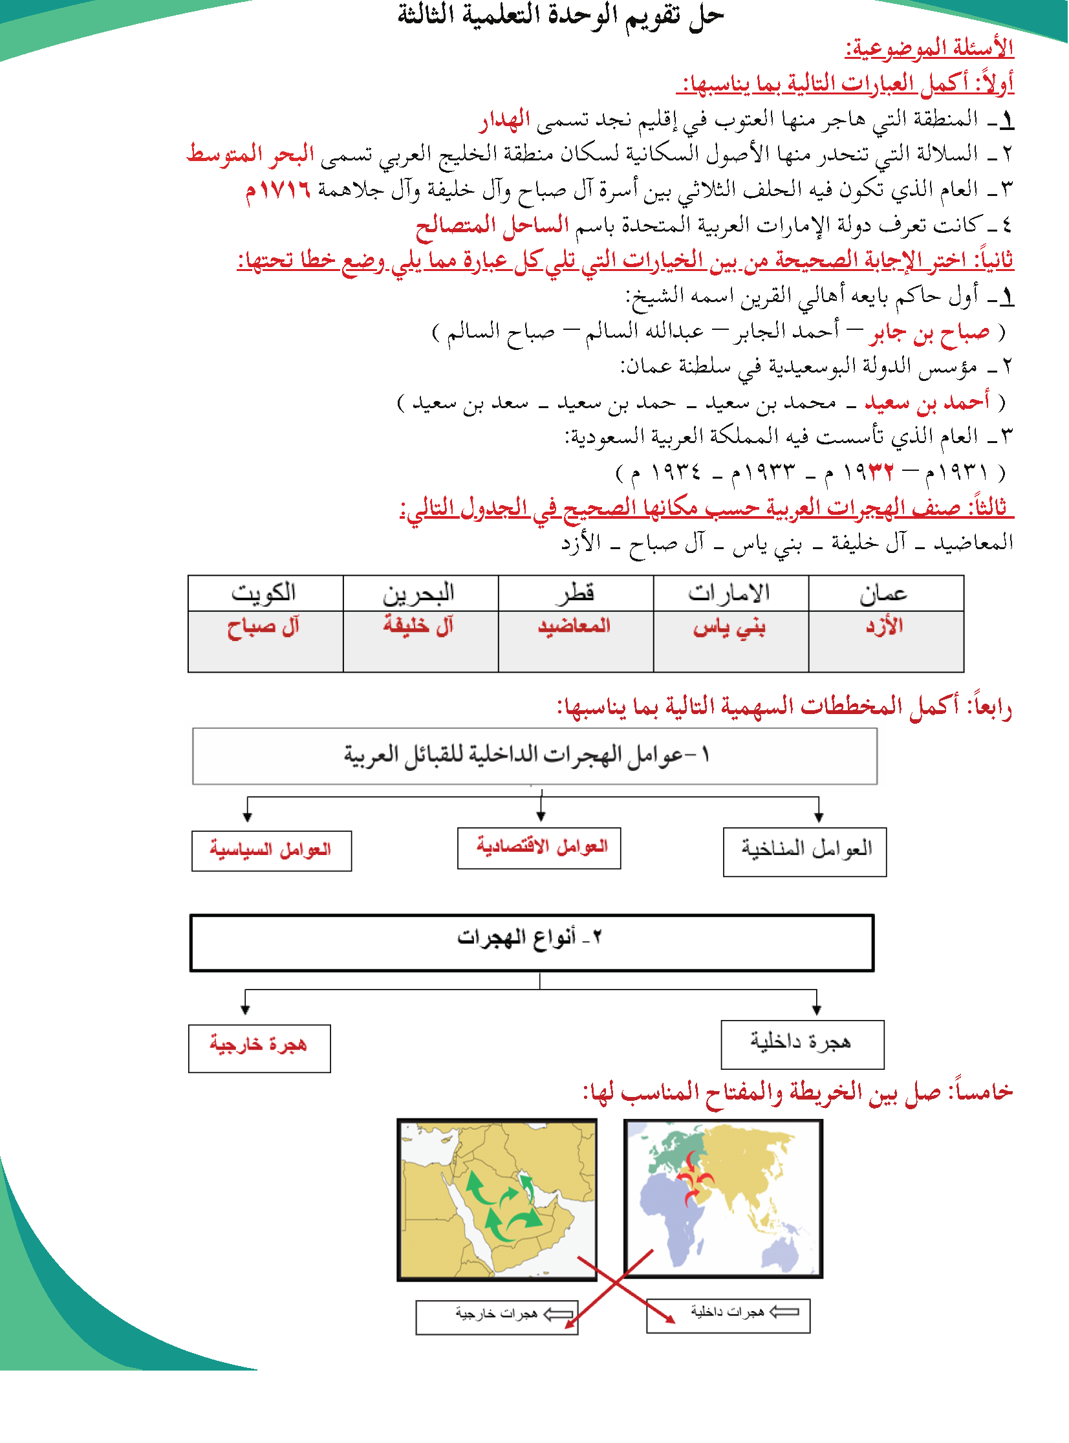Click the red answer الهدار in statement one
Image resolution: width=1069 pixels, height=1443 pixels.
point(504,119)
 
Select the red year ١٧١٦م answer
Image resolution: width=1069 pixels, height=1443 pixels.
point(277,190)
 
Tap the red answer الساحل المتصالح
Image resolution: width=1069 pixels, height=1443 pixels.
point(491,225)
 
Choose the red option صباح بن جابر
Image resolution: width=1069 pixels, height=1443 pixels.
point(929,332)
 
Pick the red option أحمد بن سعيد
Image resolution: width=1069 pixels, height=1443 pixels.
point(927,402)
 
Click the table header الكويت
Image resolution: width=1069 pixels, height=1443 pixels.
point(264,592)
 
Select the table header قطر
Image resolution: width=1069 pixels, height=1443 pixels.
point(575,592)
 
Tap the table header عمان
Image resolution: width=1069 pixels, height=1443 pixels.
point(884,592)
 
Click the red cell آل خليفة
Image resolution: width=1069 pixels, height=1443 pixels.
point(418,625)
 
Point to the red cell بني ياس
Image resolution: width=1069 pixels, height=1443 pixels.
point(729,627)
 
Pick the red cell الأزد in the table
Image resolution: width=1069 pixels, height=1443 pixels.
point(885,625)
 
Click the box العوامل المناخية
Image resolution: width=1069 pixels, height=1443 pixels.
point(806,851)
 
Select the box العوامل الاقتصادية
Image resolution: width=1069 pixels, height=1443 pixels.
point(540,848)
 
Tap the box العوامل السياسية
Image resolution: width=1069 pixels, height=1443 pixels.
point(271,851)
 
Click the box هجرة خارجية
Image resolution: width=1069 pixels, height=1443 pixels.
point(259,1048)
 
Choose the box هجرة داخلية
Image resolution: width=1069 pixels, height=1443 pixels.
point(802,1044)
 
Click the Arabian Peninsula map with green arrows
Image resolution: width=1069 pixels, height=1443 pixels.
point(497,1199)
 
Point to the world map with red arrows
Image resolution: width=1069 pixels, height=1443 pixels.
point(723,1198)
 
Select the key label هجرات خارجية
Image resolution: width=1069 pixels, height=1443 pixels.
point(496,1316)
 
